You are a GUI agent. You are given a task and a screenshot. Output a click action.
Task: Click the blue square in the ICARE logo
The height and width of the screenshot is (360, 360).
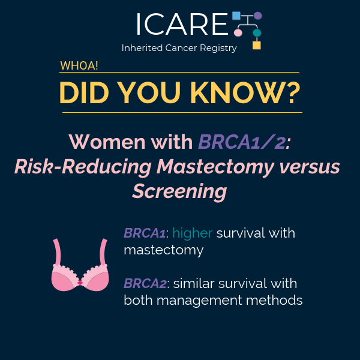pyautogui.click(x=236, y=16)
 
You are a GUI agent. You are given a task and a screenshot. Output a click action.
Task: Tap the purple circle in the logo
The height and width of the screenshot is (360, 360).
pyautogui.click(x=257, y=16)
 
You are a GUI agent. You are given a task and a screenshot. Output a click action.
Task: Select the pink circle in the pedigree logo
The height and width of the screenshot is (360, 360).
pyautogui.click(x=238, y=33)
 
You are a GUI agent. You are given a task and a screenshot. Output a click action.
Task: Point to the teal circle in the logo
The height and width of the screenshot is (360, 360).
pyautogui.click(x=257, y=33)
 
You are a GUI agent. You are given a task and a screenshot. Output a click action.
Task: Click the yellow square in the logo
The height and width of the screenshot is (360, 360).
pyautogui.click(x=257, y=45)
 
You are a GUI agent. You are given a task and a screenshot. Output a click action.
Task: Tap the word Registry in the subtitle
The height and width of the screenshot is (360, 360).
pyautogui.click(x=218, y=48)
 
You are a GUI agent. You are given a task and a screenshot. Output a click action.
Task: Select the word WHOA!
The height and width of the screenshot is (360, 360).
pyautogui.click(x=79, y=65)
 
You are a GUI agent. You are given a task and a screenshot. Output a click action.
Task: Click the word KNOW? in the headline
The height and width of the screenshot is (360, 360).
pyautogui.click(x=245, y=93)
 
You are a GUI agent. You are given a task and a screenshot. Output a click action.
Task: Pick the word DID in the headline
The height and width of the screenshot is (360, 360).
pyautogui.click(x=84, y=93)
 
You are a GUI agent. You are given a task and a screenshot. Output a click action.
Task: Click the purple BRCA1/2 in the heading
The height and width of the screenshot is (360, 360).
pyautogui.click(x=244, y=142)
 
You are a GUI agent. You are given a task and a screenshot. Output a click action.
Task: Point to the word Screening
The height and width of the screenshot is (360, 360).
pyautogui.click(x=179, y=191)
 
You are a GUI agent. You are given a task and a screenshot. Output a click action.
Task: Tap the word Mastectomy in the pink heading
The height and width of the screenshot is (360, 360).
pyautogui.click(x=215, y=167)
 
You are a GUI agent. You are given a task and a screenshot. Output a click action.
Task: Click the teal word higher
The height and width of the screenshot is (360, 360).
pyautogui.click(x=193, y=233)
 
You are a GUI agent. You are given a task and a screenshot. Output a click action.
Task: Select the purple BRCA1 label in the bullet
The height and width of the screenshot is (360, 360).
pyautogui.click(x=145, y=233)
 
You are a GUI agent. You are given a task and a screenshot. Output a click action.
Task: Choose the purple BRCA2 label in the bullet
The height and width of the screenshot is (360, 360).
pyautogui.click(x=145, y=283)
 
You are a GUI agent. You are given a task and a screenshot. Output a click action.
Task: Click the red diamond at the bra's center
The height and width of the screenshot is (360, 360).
pyautogui.click(x=80, y=283)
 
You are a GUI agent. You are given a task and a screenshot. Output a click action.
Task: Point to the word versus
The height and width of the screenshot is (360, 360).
pyautogui.click(x=310, y=167)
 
